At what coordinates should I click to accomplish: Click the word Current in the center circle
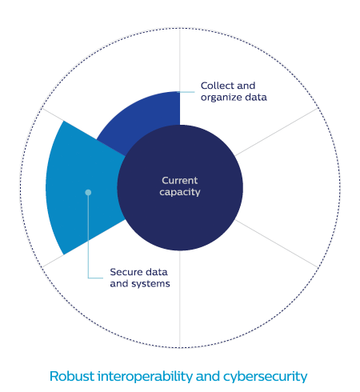point(180,181)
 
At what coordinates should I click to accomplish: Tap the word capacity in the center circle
point(180,192)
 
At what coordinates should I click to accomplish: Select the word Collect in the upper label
point(217,86)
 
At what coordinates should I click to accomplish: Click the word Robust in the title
point(72,376)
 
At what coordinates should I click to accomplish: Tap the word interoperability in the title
point(145,377)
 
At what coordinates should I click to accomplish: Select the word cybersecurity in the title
point(265,377)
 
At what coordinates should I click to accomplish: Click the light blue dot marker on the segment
point(88,192)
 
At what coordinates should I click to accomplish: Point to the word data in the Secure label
point(157,272)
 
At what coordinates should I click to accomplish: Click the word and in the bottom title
point(208,376)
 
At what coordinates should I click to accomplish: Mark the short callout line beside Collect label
point(186,92)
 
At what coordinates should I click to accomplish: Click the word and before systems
point(119,284)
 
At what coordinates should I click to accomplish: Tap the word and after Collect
point(246,86)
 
